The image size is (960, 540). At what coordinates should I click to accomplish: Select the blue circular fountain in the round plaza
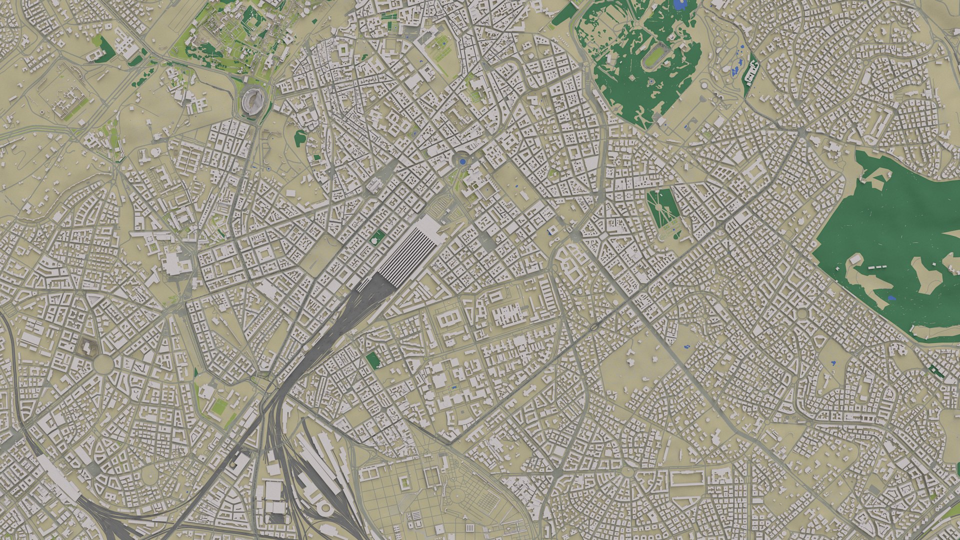point(461,162)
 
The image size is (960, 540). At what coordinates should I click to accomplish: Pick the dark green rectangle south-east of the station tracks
point(372,359)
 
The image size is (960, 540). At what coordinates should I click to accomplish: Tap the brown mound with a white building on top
point(88,345)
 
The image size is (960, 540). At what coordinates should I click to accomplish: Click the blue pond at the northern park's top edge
point(679,5)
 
